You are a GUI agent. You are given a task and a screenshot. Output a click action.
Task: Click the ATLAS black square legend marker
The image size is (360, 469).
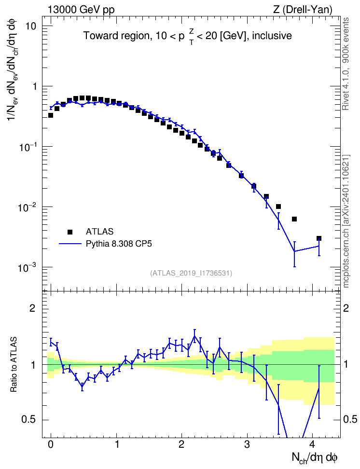pyautogui.click(x=70, y=232)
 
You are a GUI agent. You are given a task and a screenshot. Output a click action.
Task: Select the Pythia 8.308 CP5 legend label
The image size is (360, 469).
pyautogui.click(x=119, y=244)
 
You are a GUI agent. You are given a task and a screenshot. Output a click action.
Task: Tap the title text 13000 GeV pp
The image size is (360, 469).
pyautogui.click(x=81, y=10)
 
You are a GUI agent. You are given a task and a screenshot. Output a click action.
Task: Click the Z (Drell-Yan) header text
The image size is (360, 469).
pyautogui.click(x=303, y=10)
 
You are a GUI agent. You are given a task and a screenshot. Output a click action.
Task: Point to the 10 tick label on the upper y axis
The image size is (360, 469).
pyautogui.click(x=30, y=27)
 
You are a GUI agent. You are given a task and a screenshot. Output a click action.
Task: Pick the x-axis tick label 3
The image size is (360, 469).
pyautogui.click(x=247, y=444)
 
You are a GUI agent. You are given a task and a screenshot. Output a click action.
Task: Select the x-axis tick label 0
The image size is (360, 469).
pyautogui.click(x=51, y=444)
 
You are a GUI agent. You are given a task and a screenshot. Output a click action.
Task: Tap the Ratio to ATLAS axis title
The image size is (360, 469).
pyautogui.click(x=14, y=365)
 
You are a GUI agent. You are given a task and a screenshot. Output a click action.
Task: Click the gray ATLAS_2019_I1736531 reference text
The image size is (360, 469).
pyautogui.click(x=191, y=273)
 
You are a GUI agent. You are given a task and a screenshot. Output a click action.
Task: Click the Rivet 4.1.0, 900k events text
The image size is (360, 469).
pyautogui.click(x=346, y=64)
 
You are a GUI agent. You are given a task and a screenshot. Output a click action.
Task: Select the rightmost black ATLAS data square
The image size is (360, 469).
pyautogui.click(x=319, y=238)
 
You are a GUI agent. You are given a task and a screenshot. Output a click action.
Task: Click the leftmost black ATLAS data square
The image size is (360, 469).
pyautogui.click(x=51, y=115)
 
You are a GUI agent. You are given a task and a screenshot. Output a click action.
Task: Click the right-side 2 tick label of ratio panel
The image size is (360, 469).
pyautogui.click(x=346, y=308)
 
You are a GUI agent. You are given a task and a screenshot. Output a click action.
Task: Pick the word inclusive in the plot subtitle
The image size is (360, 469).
pyautogui.click(x=272, y=36)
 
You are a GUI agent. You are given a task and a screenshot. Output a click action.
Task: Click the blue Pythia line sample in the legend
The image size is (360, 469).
pyautogui.click(x=70, y=244)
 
